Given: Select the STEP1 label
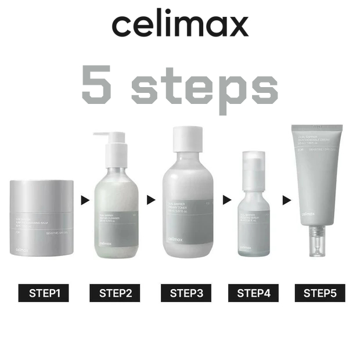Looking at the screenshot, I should click(x=44, y=293).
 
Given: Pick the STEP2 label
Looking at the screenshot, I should click(x=115, y=293).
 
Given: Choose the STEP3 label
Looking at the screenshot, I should click(x=186, y=293).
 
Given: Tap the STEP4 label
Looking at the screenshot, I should click(x=254, y=293).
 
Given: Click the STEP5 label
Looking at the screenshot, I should click(x=320, y=293).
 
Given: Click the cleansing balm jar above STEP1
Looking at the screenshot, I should click(x=42, y=218).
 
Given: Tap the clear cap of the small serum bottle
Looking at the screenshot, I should click(x=252, y=165).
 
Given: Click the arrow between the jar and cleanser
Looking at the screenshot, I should click(x=85, y=200).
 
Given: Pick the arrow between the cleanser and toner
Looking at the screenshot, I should click(x=151, y=200).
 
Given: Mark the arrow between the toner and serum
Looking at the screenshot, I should click(x=222, y=200).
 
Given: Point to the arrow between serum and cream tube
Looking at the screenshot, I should click(x=286, y=200).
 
